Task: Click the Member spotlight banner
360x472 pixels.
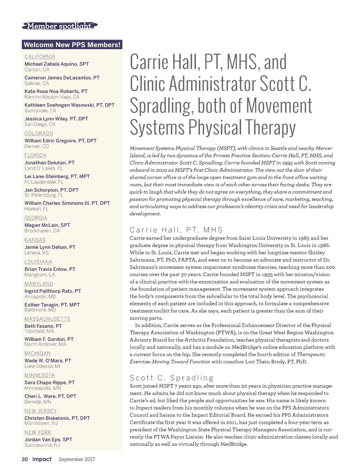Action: coord(59,26)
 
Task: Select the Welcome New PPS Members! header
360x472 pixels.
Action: coord(72,45)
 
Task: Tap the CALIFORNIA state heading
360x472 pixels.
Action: coord(40,57)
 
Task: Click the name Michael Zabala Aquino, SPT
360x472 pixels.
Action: coord(57,64)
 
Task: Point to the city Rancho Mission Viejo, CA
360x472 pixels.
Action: coord(52,97)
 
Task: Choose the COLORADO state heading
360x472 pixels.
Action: coord(39,133)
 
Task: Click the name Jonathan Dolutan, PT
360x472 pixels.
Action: coord(49,162)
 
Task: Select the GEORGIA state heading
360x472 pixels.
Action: coord(36,218)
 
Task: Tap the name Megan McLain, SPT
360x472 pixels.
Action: coord(47,225)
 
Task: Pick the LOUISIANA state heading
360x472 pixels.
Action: coord(38,262)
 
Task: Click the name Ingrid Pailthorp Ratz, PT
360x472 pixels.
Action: coord(53,291)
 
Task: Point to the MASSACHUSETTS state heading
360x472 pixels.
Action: coord(47,319)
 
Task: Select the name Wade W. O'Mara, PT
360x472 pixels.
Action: coord(48,360)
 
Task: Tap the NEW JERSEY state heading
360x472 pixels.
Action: coord(40,411)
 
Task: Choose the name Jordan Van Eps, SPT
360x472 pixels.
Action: coord(48,439)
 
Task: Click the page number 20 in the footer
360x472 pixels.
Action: coord(25,459)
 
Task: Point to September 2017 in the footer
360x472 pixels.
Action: coord(77,459)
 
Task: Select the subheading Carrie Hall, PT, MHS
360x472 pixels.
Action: coord(176,230)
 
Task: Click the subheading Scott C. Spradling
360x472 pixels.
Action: coord(172,378)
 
